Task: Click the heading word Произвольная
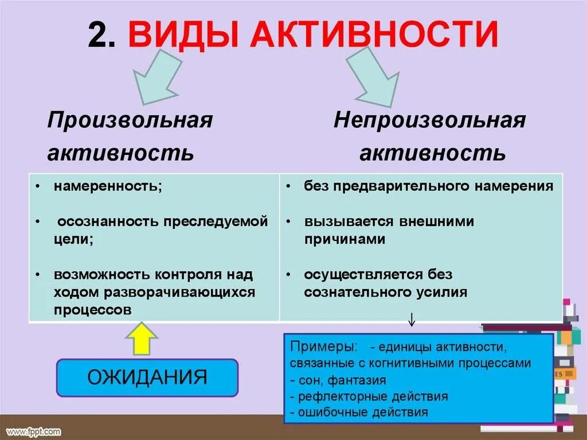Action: coord(130,120)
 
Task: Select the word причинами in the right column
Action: coord(345,239)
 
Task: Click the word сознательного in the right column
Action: coord(357,292)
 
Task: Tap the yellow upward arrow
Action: coord(140,338)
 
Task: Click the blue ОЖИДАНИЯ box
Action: coord(147,377)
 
